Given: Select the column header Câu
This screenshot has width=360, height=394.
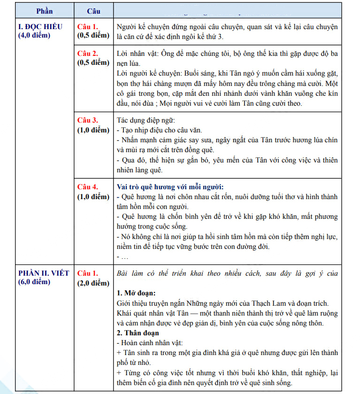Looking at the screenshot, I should pos(93,11).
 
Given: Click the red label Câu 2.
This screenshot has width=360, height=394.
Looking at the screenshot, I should pos(88,54).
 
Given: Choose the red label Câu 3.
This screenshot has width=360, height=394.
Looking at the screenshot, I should pos(88,120).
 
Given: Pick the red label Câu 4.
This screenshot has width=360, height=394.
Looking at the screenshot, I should pos(88,187).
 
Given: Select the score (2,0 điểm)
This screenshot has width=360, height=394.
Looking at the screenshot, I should pos(93,283).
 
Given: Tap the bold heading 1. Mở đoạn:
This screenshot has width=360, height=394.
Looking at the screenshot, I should pos(136,293).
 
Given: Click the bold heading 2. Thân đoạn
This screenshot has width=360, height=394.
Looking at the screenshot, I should pos(138,333).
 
